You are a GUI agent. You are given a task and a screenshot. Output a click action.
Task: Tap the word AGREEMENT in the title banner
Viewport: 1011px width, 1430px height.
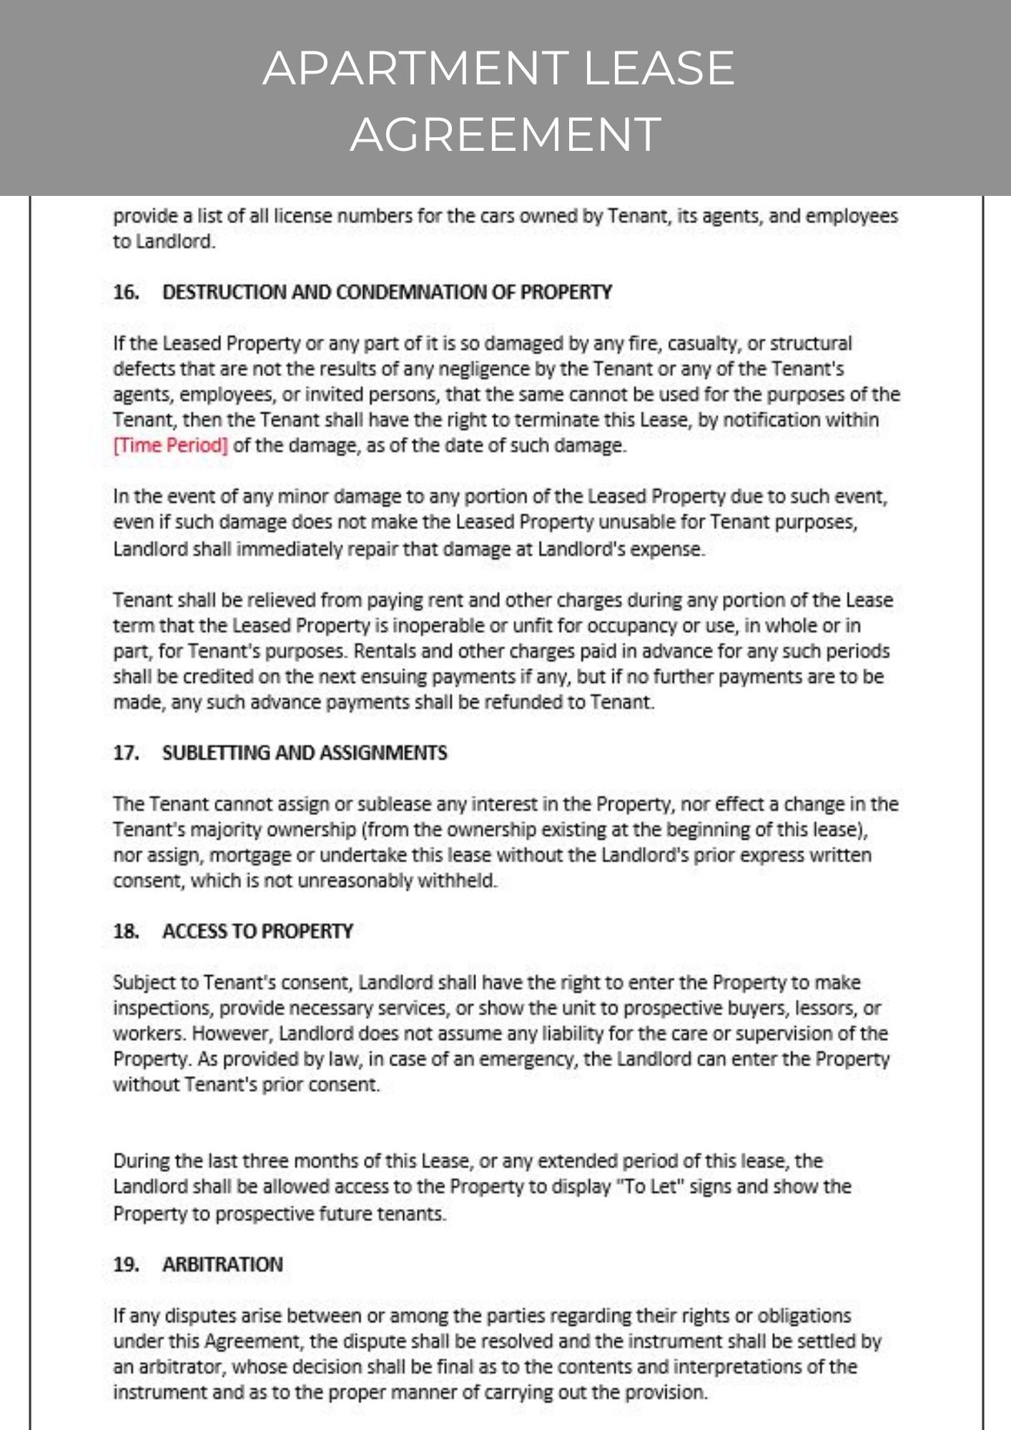click(505, 134)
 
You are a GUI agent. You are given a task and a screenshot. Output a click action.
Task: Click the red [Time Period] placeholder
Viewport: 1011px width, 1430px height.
click(170, 445)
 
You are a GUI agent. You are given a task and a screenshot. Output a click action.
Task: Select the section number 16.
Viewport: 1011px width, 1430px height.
click(126, 292)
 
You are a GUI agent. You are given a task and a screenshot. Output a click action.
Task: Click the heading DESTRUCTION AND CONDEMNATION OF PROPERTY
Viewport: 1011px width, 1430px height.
click(387, 292)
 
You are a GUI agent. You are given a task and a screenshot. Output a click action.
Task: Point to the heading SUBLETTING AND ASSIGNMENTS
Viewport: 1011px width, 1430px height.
click(305, 753)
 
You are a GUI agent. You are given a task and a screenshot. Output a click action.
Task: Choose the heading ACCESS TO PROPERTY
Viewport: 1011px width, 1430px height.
click(257, 932)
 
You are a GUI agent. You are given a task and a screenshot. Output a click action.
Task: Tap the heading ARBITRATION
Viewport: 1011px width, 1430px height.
click(222, 1265)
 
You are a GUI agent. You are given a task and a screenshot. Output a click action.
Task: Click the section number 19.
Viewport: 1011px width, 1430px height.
click(126, 1265)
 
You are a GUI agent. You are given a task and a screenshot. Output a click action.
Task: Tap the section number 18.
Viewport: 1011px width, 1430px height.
click(126, 932)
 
